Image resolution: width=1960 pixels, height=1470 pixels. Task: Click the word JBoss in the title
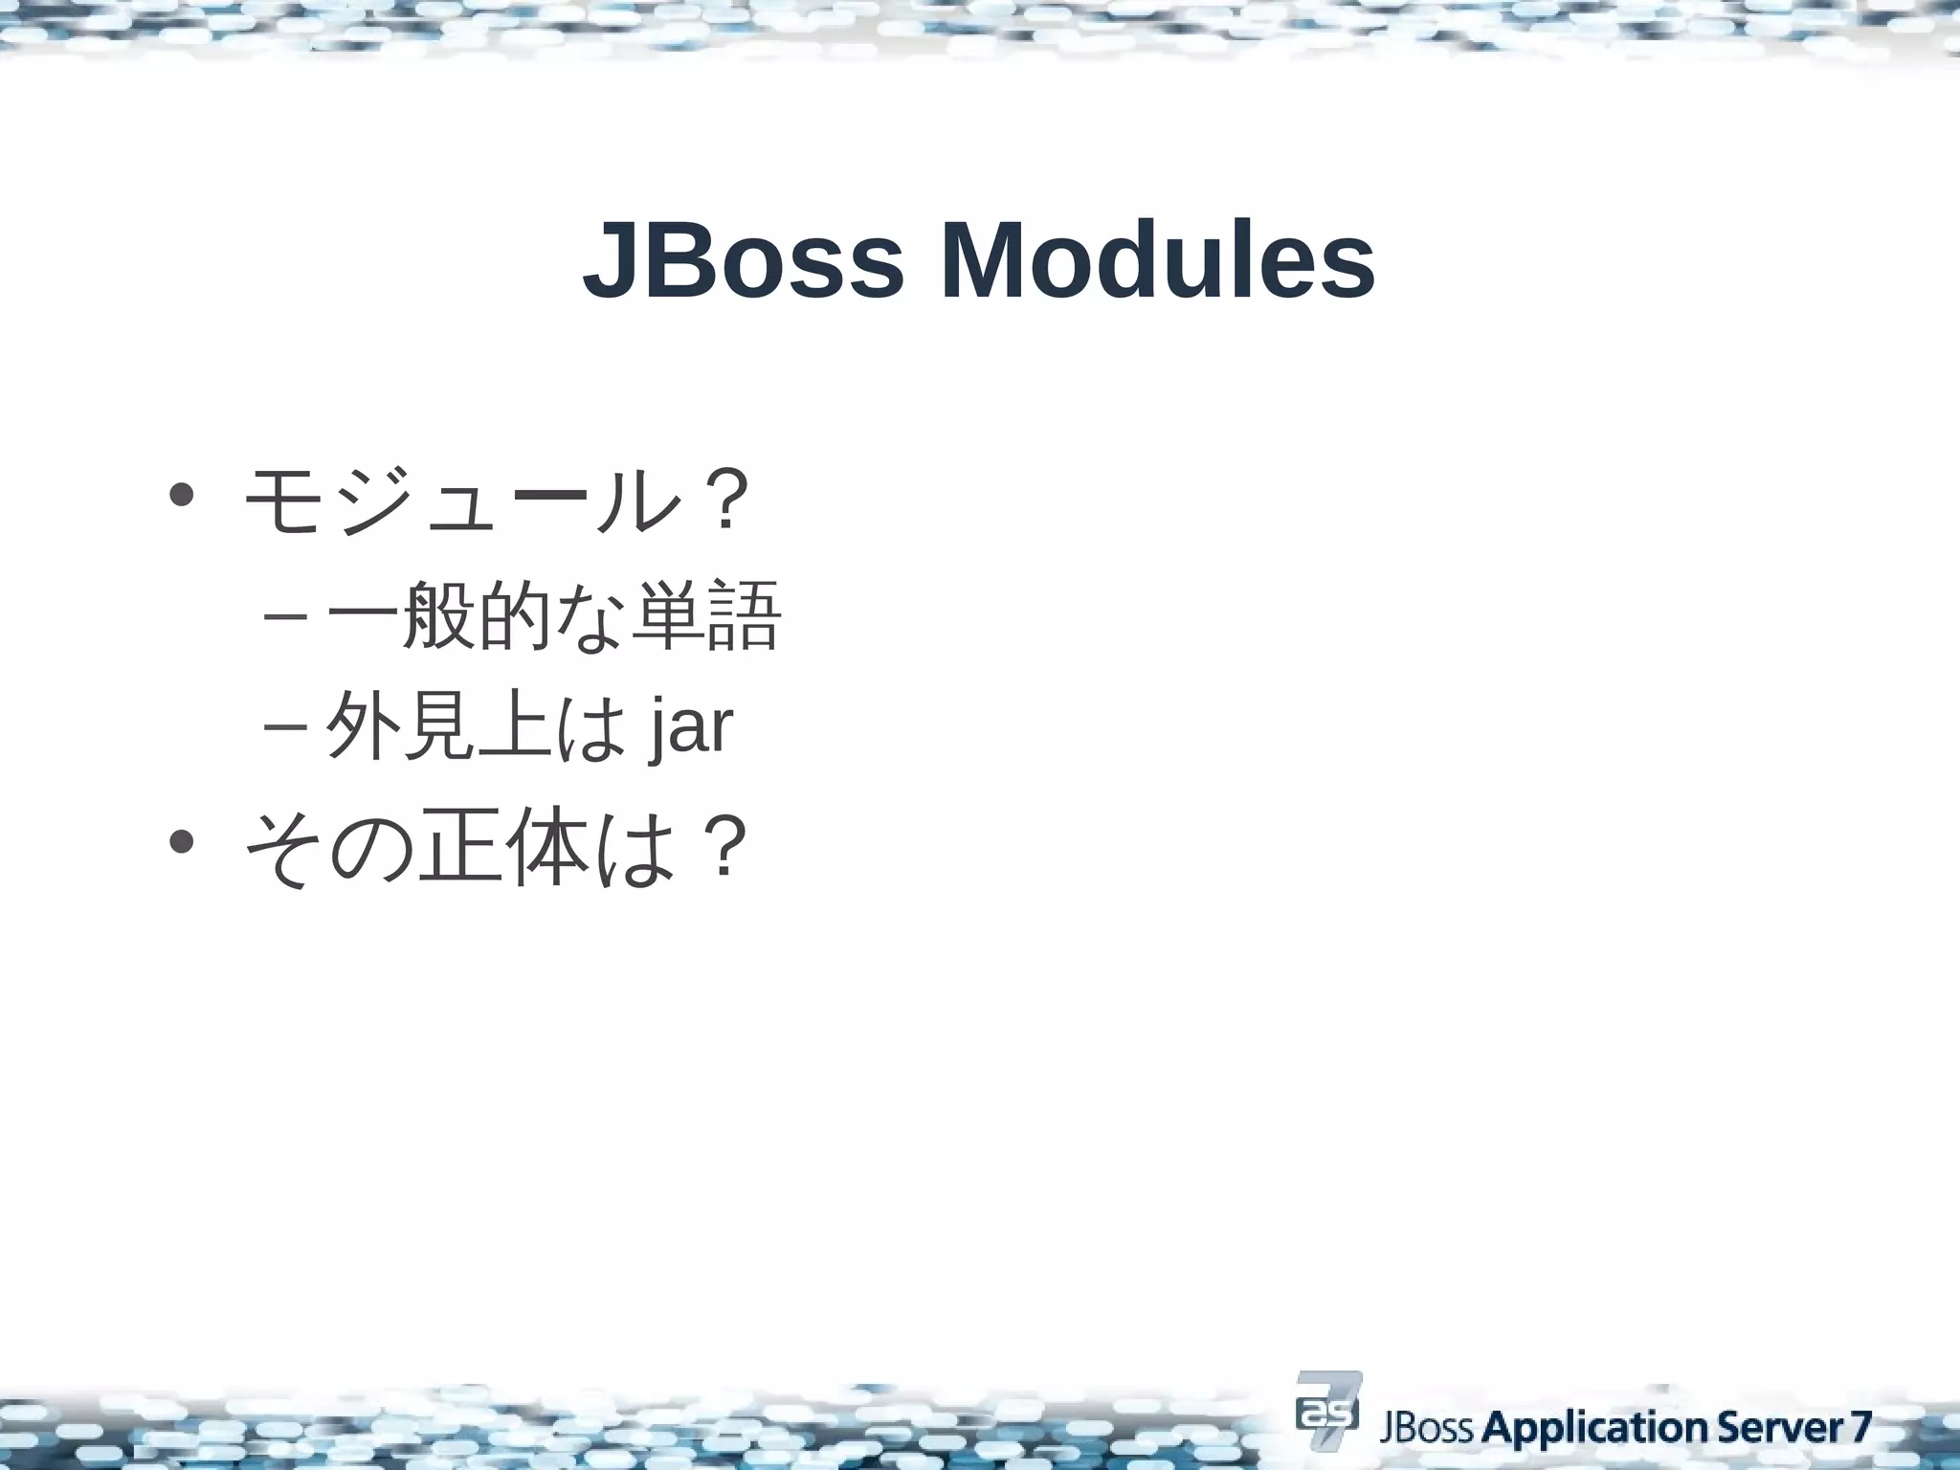(743, 260)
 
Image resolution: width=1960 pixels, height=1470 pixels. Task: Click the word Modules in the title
(1157, 260)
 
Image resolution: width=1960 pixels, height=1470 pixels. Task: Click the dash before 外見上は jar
(284, 727)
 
